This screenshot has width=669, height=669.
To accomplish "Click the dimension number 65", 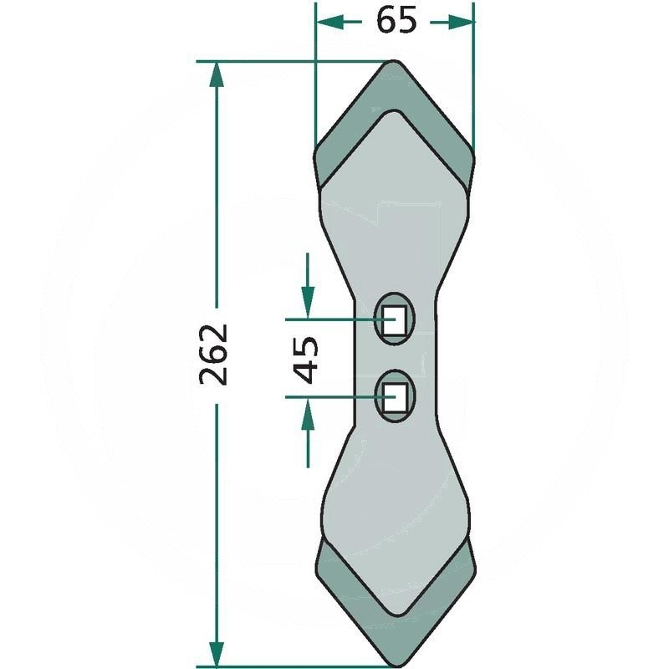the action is click(x=396, y=21).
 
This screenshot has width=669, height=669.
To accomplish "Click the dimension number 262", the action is click(x=214, y=355).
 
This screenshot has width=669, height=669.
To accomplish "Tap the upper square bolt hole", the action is click(x=394, y=319).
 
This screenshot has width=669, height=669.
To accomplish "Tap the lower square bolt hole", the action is click(x=395, y=397).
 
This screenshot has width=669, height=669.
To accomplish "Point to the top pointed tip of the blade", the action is click(x=393, y=61).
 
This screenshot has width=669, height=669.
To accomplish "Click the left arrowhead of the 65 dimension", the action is click(x=329, y=22).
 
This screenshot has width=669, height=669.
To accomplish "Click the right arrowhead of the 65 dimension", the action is click(x=461, y=22).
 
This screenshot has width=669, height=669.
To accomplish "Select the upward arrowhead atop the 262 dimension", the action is click(x=217, y=74).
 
